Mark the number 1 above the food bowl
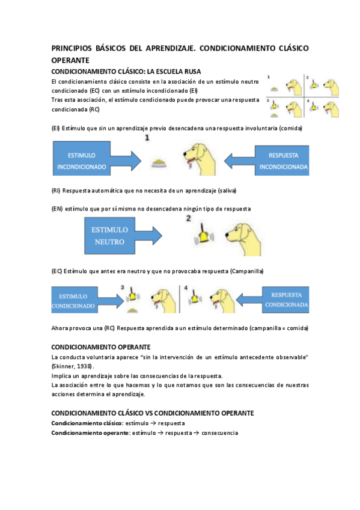[x=147, y=139]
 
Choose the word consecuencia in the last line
[x=220, y=432]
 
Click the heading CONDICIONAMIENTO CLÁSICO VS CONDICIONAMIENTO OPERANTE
[x=152, y=413]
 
